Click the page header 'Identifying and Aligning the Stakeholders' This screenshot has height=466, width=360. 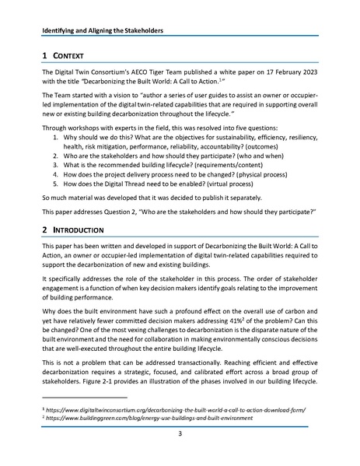tap(109, 32)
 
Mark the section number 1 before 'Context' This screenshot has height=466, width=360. tap(44, 57)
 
